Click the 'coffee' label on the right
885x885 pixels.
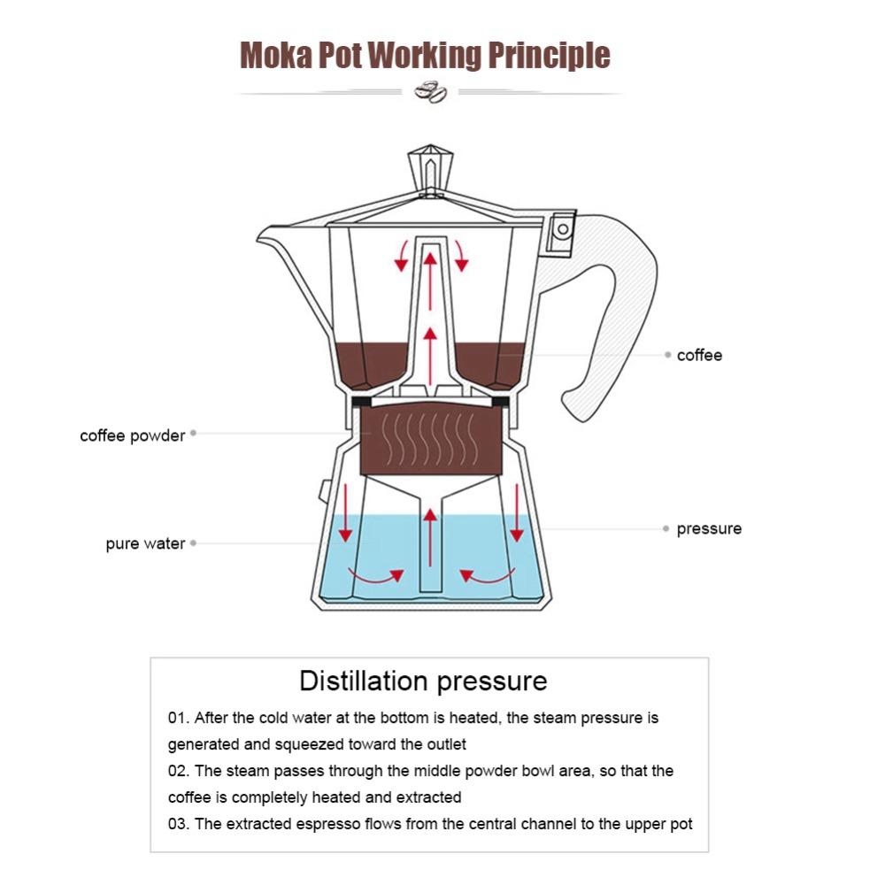(x=699, y=355)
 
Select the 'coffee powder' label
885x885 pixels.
(x=133, y=435)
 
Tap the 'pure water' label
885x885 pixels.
(x=145, y=543)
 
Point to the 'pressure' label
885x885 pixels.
(x=709, y=529)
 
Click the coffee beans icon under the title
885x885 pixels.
(x=431, y=92)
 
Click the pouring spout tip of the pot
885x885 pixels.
(x=263, y=235)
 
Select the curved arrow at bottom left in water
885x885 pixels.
(x=375, y=577)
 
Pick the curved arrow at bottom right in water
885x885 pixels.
(x=486, y=577)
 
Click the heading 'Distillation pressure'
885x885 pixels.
(x=423, y=681)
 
